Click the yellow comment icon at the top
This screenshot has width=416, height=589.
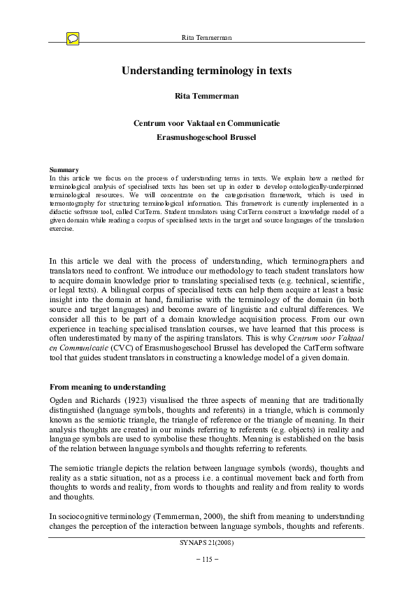(x=73, y=39)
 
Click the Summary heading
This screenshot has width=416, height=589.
(x=64, y=170)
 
